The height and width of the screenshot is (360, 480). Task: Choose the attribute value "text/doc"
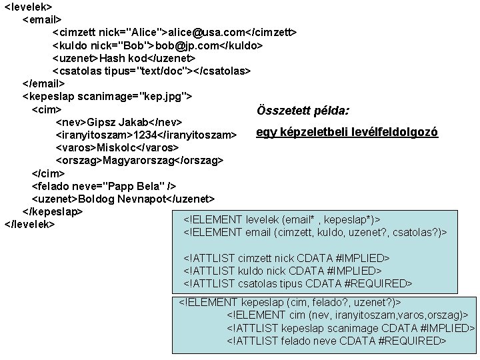click(x=167, y=71)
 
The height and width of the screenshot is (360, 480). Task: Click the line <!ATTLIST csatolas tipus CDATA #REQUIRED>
click(x=297, y=284)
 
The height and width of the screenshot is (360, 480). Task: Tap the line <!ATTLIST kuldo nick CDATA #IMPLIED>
click(x=282, y=271)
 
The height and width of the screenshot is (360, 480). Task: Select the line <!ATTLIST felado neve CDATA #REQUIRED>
click(x=337, y=341)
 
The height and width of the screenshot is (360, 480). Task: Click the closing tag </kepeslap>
click(x=53, y=211)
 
